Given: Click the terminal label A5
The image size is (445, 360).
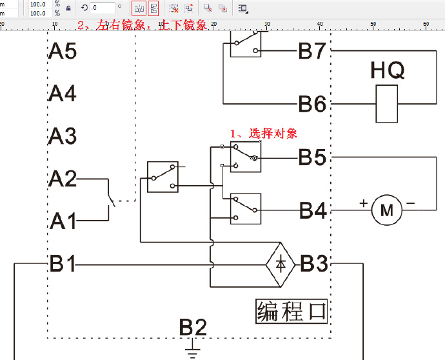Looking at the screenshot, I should [63, 51].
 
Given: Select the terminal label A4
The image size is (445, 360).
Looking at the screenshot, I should [63, 94].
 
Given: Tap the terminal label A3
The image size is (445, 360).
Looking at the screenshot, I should [63, 136].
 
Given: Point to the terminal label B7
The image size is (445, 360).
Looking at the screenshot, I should [311, 51].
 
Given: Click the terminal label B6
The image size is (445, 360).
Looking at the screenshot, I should [311, 103].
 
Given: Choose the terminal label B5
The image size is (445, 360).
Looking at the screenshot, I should [311, 157].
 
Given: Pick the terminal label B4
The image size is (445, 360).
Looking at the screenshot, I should [311, 210].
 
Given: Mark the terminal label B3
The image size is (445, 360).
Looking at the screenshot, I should [314, 263].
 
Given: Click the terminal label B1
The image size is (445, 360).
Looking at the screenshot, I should [63, 263].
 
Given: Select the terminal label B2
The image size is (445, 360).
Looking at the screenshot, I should [193, 327].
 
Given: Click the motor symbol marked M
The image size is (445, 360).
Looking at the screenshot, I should [387, 210].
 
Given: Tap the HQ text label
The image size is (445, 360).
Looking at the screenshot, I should [388, 70].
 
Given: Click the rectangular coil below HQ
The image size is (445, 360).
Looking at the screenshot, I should [387, 104].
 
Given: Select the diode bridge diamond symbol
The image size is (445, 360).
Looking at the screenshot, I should [281, 264].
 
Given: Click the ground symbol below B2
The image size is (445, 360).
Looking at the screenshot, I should [192, 352].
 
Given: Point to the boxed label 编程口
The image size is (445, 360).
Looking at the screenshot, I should [292, 311].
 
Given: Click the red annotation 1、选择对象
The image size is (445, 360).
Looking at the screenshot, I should [264, 134].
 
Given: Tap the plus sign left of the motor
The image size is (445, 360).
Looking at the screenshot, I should [364, 203].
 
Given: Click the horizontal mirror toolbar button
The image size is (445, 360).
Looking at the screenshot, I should [139, 8].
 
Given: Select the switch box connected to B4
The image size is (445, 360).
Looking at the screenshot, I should [246, 208].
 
